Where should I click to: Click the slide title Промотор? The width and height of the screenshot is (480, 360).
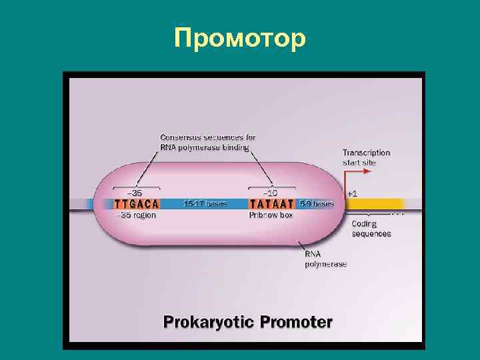239,38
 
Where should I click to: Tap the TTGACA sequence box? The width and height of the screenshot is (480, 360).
137,204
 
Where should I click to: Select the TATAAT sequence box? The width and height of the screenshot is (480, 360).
272,204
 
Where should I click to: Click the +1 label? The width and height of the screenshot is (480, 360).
352,193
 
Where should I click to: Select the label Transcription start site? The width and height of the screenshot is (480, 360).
366,157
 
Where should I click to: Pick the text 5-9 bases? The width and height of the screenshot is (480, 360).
316,204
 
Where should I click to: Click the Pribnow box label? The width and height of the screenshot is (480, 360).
271,215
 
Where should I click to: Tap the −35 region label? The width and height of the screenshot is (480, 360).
136,215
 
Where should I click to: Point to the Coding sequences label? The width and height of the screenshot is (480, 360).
371,229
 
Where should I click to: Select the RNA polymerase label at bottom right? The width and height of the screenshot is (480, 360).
325,259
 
